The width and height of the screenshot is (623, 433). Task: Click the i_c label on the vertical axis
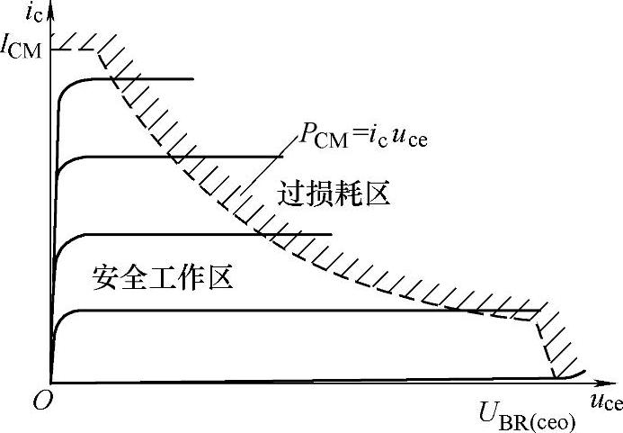pyautogui.click(x=33, y=13)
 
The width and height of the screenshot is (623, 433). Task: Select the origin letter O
pyautogui.click(x=40, y=403)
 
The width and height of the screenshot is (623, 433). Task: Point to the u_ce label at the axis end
pyautogui.click(x=606, y=402)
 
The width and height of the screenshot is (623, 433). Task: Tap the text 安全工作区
pyautogui.click(x=163, y=277)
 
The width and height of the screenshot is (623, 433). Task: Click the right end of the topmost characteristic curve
pyautogui.click(x=193, y=79)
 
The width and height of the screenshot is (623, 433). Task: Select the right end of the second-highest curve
pyautogui.click(x=271, y=157)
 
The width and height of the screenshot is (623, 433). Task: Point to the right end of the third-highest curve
pyautogui.click(x=332, y=235)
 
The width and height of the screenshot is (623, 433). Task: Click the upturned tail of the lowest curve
pyautogui.click(x=583, y=372)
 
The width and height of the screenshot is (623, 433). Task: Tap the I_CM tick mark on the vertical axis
pyautogui.click(x=56, y=47)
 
